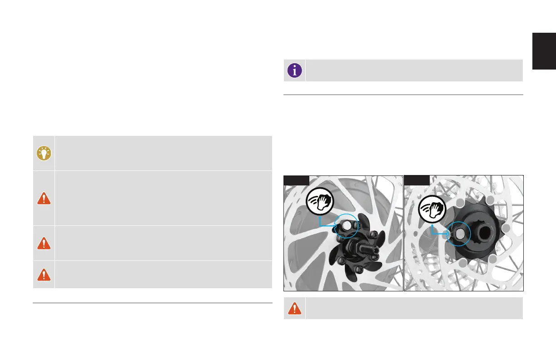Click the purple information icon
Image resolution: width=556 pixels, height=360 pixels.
pyautogui.click(x=295, y=70)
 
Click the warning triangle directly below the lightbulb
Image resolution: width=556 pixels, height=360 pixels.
pyautogui.click(x=44, y=198)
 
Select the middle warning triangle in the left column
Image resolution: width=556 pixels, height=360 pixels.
pyautogui.click(x=44, y=243)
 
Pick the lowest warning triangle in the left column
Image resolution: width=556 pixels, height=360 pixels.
pyautogui.click(x=44, y=274)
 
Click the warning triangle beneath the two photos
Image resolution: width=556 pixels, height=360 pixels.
pyautogui.click(x=295, y=308)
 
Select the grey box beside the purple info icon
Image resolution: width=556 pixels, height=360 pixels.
pyautogui.click(x=414, y=70)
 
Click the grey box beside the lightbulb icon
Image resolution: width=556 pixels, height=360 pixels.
pyautogui.click(x=163, y=153)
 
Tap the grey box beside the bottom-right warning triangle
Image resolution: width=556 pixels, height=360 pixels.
pyautogui.click(x=414, y=308)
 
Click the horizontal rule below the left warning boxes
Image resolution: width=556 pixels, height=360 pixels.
pyautogui.click(x=152, y=303)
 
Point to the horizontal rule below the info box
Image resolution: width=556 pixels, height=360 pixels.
pyautogui.click(x=403, y=95)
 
